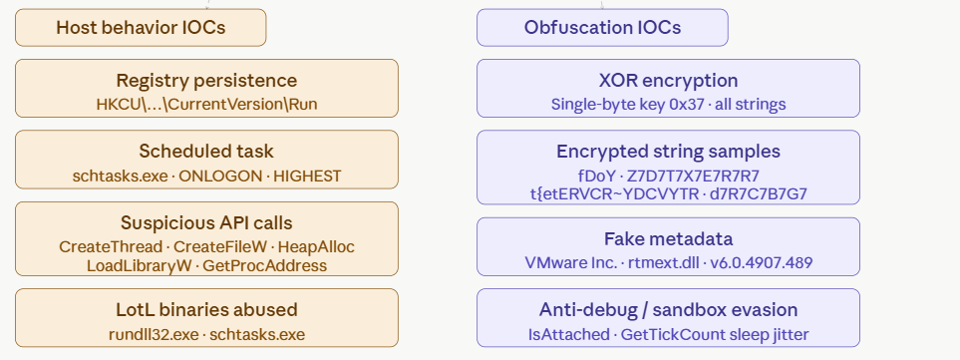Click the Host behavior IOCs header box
point(141,28)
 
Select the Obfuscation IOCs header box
point(602,28)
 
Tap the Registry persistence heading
point(207,81)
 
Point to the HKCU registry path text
point(207,104)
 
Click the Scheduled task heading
point(206,152)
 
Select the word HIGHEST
point(307,177)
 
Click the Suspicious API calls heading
point(206,222)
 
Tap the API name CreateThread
point(111,246)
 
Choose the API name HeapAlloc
point(316,246)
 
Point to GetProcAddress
point(264,265)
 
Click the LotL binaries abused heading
point(206,310)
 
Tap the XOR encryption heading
point(668,81)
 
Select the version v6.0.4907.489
point(761,263)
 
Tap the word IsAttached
point(569,335)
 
